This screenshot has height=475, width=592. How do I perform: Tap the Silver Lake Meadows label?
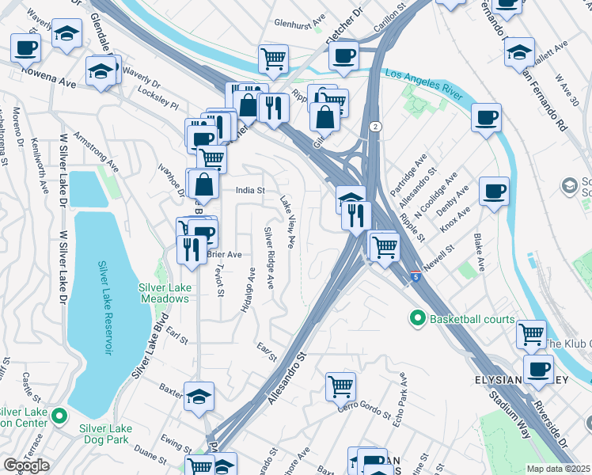[x=164, y=293]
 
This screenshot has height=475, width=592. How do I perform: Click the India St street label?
[x=249, y=190]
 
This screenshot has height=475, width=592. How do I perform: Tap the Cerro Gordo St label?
[x=365, y=409]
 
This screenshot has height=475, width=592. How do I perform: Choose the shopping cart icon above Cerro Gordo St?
[x=340, y=386]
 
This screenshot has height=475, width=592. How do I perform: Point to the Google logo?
[x=26, y=465]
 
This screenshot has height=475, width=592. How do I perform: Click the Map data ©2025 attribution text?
[x=559, y=469]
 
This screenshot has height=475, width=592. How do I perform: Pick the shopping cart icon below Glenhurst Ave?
[x=272, y=58]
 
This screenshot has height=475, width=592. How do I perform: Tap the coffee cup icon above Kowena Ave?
[x=25, y=47]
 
